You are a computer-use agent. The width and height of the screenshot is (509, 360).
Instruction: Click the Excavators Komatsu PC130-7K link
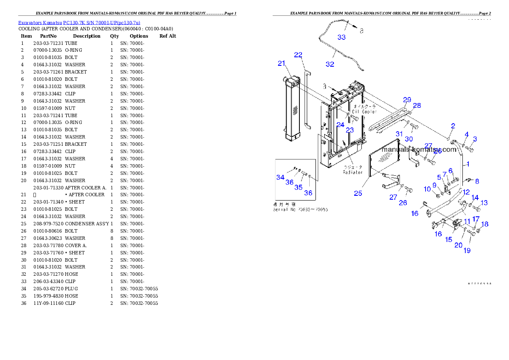[x=79, y=23]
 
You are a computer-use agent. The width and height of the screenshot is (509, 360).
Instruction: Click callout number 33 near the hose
[x=341, y=37]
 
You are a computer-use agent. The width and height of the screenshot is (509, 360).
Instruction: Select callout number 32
[x=330, y=64]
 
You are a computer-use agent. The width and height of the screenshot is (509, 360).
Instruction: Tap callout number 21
[x=281, y=63]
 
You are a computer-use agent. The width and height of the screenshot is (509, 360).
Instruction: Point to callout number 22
[x=298, y=55]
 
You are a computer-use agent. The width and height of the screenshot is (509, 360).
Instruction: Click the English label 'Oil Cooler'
[x=364, y=112]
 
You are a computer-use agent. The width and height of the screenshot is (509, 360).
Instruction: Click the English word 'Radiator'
[x=353, y=172]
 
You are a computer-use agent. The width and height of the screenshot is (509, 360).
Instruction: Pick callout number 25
[x=358, y=193]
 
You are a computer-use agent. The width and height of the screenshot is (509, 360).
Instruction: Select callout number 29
[x=407, y=100]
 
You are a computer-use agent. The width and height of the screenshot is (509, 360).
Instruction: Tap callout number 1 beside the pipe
[x=468, y=164]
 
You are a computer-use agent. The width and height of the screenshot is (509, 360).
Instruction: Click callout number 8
[x=477, y=181]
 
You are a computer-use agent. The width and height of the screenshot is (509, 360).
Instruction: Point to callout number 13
[x=484, y=203]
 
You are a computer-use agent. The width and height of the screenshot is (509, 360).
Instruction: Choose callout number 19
[x=467, y=251]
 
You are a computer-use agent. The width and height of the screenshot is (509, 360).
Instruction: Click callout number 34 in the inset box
[x=280, y=177]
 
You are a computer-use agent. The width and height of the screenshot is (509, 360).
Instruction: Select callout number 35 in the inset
[x=299, y=187]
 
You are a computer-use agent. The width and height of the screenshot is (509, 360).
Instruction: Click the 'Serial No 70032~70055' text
[x=301, y=210]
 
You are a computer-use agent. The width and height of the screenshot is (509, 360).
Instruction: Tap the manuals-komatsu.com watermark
[x=419, y=150]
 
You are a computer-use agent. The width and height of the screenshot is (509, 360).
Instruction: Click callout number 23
[x=350, y=130]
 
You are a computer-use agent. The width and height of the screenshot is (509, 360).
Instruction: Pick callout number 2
[x=453, y=126]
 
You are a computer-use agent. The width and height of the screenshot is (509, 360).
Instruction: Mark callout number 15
[x=448, y=240]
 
